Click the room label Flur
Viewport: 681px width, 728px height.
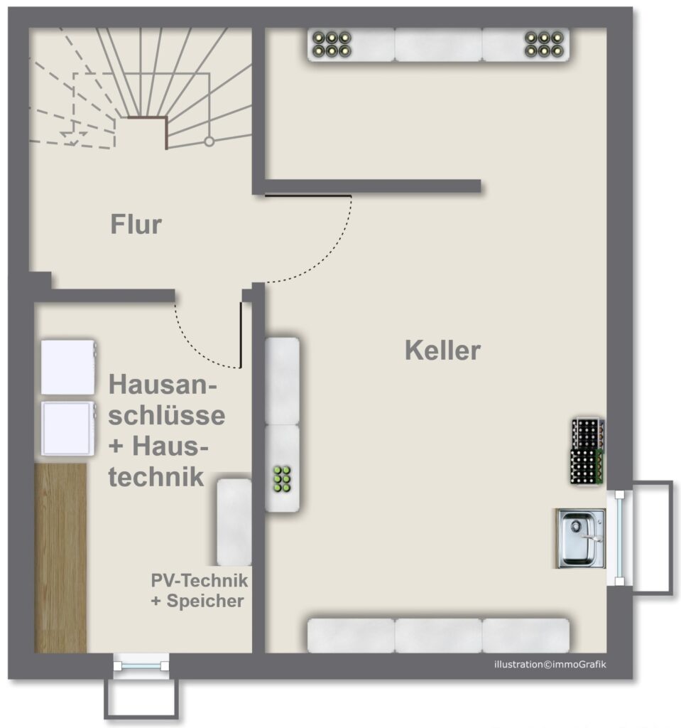(x=136, y=224)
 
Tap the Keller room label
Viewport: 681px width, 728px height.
(x=442, y=350)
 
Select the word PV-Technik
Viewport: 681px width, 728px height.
(x=200, y=580)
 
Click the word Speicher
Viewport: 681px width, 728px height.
(x=205, y=601)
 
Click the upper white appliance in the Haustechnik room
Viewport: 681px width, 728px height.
(x=68, y=368)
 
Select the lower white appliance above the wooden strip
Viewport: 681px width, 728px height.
(x=68, y=429)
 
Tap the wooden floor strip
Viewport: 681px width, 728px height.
(x=61, y=557)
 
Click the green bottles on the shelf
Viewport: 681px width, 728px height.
(x=282, y=478)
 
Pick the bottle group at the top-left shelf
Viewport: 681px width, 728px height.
(x=332, y=44)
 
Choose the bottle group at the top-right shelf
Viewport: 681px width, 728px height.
(x=544, y=44)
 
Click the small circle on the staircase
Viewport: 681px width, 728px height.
(x=209, y=141)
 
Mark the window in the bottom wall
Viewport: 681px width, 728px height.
(x=141, y=666)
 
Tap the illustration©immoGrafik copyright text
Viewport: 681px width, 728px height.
(x=550, y=665)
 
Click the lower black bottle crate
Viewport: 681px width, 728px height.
(x=587, y=467)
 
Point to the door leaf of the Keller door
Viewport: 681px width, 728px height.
(x=308, y=196)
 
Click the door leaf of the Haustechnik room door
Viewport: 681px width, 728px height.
(x=241, y=335)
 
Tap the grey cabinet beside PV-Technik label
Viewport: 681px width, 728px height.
(x=234, y=523)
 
